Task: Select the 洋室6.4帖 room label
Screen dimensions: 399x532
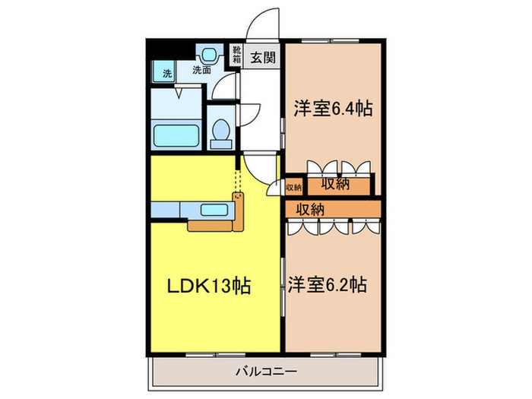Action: pyautogui.click(x=333, y=109)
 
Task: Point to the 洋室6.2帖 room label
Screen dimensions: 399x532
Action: pyautogui.click(x=328, y=285)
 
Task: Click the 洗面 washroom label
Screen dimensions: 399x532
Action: pyautogui.click(x=201, y=71)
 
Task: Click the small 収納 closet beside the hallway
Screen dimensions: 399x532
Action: pyautogui.click(x=294, y=186)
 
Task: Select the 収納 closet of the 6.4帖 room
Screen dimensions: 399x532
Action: pyautogui.click(x=334, y=184)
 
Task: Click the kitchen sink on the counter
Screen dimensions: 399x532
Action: pyautogui.click(x=219, y=209)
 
